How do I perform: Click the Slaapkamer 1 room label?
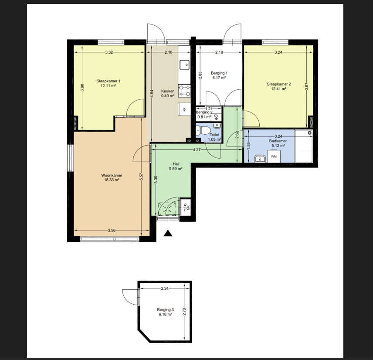[108, 81]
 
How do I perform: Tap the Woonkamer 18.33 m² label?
[112, 177]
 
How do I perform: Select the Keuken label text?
[168, 91]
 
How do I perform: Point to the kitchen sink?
[185, 65]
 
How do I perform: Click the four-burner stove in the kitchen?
[185, 91]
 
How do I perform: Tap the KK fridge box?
[184, 109]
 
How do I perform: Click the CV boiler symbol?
[216, 117]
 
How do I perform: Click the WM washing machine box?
[274, 156]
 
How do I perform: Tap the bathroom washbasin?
[260, 159]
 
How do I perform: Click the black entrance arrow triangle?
[168, 233]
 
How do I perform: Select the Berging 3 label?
[165, 309]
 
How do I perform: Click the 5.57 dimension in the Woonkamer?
[141, 177]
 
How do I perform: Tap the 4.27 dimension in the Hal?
[197, 149]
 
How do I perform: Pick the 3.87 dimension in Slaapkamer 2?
[307, 86]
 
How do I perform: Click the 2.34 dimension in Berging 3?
[165, 289]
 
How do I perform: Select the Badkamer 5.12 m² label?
[278, 143]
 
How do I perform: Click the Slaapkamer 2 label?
[279, 84]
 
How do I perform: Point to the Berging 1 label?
[219, 73]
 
